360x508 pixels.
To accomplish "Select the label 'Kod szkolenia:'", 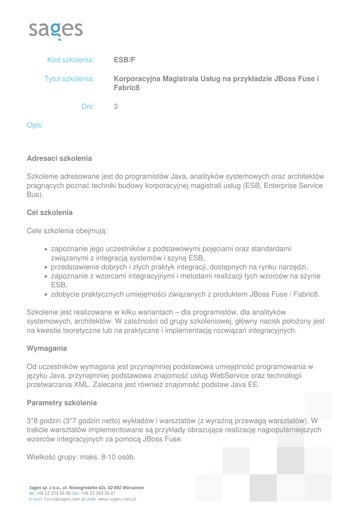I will click(x=71, y=61).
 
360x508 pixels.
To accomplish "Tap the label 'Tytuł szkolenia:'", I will click(x=70, y=79).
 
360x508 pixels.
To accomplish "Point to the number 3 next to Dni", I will click(x=116, y=106).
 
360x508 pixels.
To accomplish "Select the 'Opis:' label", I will click(x=35, y=125).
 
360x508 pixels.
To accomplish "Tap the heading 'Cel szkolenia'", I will click(x=50, y=212).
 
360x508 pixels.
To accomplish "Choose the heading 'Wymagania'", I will click(x=47, y=348).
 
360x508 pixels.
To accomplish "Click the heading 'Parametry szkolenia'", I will click(x=62, y=402).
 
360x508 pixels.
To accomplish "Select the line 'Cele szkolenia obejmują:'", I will click(x=67, y=231).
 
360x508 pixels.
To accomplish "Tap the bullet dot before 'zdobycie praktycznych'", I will click(x=46, y=295).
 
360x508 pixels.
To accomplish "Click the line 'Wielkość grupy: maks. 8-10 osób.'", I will click(x=81, y=457).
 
